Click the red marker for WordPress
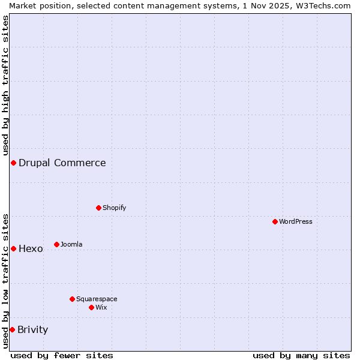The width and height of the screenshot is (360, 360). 275,221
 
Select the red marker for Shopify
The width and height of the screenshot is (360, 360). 99,208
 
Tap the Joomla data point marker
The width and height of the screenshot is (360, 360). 57,244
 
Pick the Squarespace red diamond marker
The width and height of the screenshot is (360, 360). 72,299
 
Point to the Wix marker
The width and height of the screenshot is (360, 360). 91,307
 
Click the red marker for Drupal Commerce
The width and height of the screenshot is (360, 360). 13,163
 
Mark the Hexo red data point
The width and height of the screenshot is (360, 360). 13,248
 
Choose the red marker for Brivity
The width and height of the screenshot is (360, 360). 12,329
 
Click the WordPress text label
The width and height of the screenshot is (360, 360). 296,221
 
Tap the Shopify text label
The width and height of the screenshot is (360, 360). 115,208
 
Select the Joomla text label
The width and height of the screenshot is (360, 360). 71,244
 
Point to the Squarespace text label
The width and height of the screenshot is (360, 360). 97,299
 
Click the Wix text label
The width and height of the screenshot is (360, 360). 101,307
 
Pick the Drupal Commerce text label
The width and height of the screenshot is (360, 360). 62,163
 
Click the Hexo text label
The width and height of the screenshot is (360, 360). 31,248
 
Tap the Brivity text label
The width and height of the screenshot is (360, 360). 33,329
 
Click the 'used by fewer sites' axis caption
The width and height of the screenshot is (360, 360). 62,355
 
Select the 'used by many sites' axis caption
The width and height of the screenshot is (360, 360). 301,355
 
